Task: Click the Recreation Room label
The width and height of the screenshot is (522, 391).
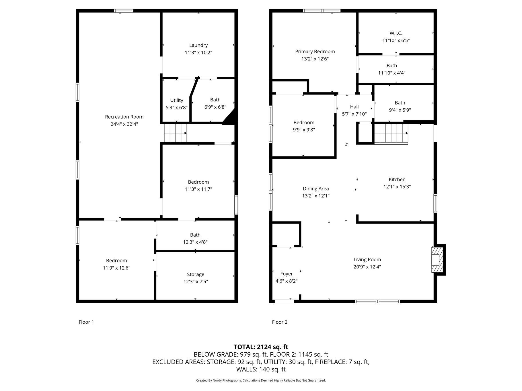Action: (x=124, y=117)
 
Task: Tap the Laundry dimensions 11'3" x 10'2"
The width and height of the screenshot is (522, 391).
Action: (x=198, y=53)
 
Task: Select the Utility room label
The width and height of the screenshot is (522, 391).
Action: (x=177, y=100)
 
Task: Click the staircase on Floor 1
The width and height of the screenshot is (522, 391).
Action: (x=175, y=133)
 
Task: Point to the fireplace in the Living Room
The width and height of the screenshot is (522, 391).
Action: (x=438, y=260)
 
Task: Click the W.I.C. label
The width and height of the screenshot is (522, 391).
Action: (x=396, y=33)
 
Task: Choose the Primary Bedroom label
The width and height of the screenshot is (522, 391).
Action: (x=315, y=52)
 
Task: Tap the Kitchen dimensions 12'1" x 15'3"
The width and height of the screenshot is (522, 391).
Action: (x=397, y=187)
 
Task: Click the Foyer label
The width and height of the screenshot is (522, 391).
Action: (x=287, y=274)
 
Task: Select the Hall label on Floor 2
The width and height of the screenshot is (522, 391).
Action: (x=355, y=107)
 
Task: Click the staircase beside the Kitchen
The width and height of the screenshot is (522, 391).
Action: (x=391, y=134)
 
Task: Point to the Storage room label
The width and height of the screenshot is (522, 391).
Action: (x=196, y=274)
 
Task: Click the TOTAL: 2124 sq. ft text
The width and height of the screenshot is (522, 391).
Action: (x=261, y=347)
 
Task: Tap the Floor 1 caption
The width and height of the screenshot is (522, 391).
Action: (x=86, y=322)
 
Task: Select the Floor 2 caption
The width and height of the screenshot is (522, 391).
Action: (x=280, y=322)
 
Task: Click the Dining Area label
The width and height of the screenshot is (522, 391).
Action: (x=316, y=189)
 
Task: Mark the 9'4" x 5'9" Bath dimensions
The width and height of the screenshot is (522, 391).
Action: (x=400, y=110)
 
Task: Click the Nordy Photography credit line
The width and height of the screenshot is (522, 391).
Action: (x=261, y=380)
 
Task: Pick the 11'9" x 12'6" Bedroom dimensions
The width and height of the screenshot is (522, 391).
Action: (x=116, y=268)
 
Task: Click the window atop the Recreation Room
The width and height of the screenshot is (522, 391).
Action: (x=124, y=11)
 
